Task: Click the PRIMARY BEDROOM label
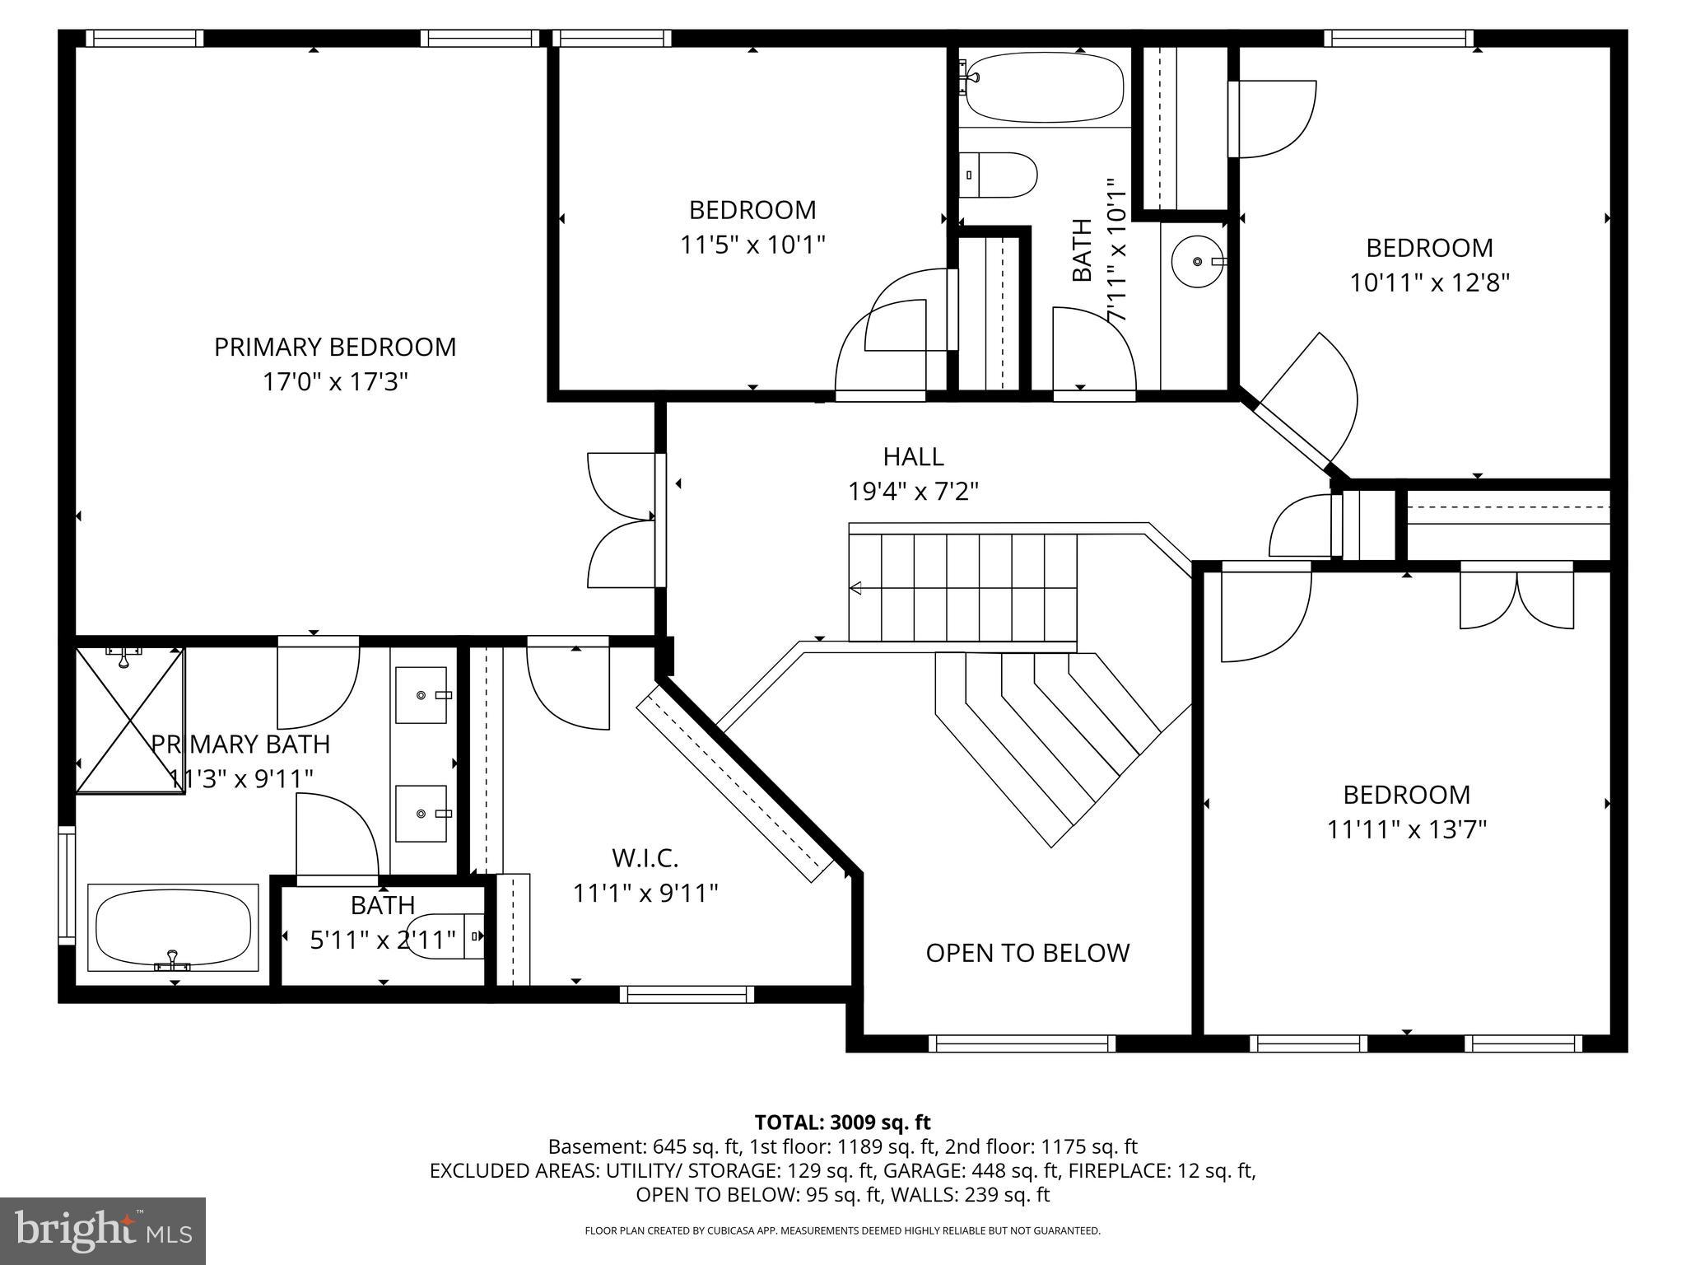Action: (335, 347)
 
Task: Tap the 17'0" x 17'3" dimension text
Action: (335, 382)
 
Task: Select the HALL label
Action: (913, 456)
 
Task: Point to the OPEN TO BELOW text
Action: (1027, 953)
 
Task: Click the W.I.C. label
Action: (645, 858)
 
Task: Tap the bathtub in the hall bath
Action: (1044, 86)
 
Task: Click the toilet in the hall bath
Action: (999, 175)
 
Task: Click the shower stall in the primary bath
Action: (129, 721)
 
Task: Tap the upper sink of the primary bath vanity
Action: (422, 695)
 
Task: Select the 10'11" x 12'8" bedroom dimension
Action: (1429, 283)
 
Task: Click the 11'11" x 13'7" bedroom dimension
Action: (1406, 829)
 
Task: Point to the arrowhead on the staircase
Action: (856, 588)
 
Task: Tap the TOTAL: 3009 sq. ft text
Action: (842, 1123)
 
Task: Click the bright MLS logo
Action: (103, 1231)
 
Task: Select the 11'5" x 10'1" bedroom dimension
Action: (752, 245)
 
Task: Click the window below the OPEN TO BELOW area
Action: (1022, 1043)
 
